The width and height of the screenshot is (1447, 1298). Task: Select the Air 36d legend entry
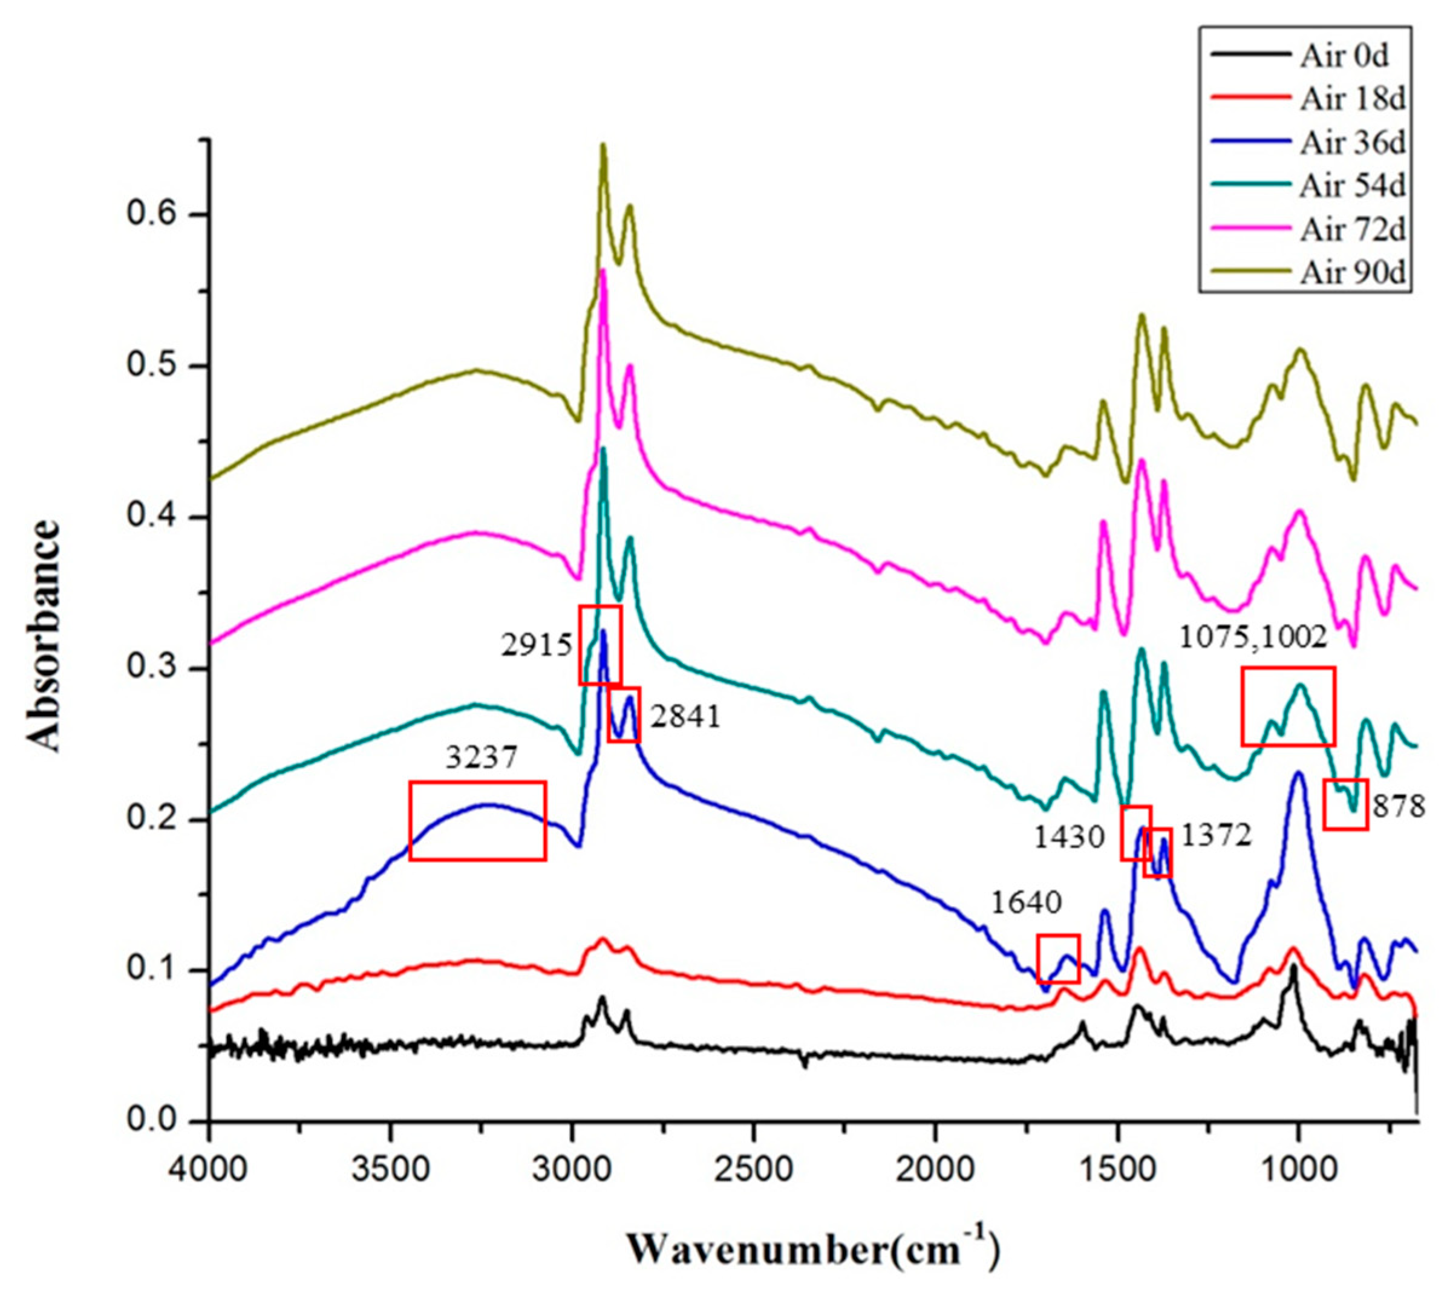[1351, 143]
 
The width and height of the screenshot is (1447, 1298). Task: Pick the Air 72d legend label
[1351, 230]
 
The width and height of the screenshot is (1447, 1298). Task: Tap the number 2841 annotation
[685, 717]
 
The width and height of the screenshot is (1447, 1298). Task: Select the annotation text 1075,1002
[1252, 637]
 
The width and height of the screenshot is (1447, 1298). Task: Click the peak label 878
[1399, 807]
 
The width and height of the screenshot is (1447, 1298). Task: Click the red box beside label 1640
[1058, 959]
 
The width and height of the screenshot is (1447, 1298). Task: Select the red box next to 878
[1345, 804]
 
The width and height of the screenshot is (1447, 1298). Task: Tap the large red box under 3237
[477, 820]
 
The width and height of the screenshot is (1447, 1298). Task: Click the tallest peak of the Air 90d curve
[603, 146]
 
